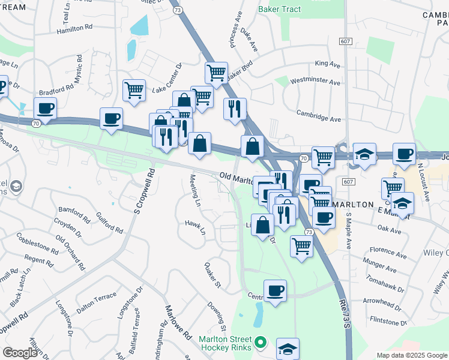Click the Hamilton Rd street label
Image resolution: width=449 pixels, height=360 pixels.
(76, 28)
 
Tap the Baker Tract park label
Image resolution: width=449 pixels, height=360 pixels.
(280, 9)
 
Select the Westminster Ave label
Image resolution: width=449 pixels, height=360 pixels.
(315, 82)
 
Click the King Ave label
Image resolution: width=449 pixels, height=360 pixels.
(328, 64)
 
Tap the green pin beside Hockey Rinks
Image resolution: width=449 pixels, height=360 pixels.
(260, 343)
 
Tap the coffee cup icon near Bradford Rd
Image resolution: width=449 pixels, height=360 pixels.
(45, 108)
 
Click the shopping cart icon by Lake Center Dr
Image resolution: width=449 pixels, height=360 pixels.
(134, 90)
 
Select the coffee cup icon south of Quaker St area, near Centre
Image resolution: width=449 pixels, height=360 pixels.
(275, 290)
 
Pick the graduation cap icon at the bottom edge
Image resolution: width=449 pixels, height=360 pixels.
(288, 349)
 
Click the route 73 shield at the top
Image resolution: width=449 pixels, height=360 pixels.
(177, 10)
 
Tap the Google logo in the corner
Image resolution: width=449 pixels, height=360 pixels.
(20, 353)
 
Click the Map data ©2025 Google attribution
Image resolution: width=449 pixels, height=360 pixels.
(412, 355)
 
